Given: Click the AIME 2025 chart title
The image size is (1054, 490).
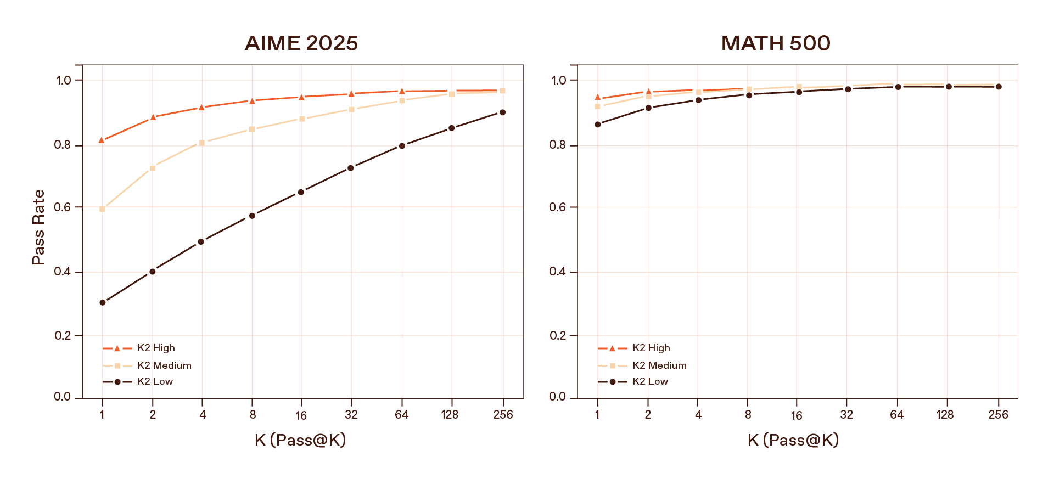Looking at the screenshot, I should click(301, 43).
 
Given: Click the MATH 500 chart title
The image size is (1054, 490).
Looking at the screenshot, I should click(775, 43).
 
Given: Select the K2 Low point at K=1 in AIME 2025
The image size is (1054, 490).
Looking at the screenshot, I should click(103, 302).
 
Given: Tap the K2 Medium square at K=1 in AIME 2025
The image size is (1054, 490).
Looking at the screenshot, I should click(102, 209).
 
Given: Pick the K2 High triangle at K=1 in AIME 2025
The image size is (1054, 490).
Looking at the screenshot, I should click(102, 140).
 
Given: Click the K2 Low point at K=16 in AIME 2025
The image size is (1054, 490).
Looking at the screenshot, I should click(301, 192).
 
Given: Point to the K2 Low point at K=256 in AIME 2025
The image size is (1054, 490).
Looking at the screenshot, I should click(502, 112).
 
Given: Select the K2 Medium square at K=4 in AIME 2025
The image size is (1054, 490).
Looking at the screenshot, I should click(202, 143).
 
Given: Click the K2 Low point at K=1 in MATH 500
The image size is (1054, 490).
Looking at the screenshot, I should click(598, 125).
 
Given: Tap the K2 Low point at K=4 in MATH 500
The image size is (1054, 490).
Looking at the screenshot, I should click(698, 100).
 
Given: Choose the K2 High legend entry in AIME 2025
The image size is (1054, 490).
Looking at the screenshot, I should click(156, 348).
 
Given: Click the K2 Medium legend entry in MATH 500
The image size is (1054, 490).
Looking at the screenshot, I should click(659, 365).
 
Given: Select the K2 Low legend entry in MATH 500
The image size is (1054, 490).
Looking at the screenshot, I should click(650, 381).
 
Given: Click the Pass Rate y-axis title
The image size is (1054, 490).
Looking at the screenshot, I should click(38, 227).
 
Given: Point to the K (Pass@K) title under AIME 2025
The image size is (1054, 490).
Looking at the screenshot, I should click(300, 440).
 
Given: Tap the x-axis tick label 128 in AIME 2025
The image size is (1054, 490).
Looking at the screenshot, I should click(450, 415).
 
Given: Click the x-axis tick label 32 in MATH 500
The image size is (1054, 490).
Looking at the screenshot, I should click(846, 415).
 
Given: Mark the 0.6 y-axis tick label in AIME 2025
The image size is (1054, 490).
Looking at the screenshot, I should click(63, 207).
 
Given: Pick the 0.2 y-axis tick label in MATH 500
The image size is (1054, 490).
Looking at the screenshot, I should click(558, 336).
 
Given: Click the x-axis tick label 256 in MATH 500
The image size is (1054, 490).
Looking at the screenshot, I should click(998, 415).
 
